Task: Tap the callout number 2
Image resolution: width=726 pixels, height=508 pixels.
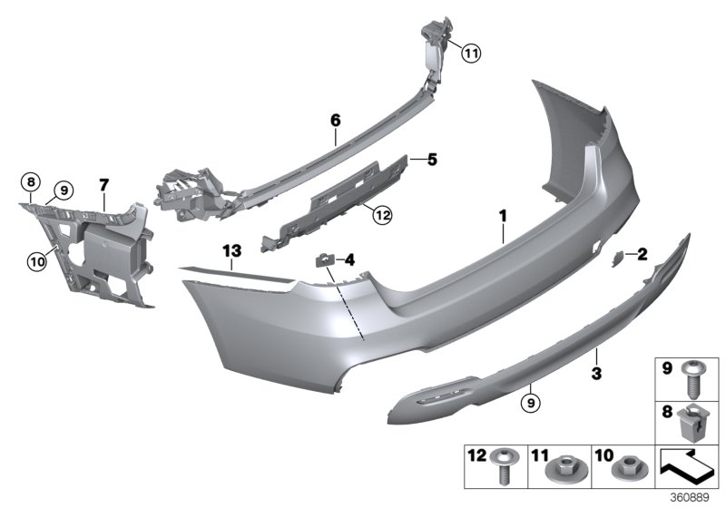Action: click(642, 255)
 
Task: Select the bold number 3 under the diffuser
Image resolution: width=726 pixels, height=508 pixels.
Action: click(597, 373)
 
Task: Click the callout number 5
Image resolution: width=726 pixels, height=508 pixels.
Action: click(432, 160)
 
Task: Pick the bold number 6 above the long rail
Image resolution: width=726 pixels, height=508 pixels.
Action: click(335, 120)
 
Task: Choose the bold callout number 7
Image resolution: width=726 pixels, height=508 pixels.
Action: click(104, 186)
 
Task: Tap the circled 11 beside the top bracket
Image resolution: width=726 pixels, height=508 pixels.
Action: click(469, 54)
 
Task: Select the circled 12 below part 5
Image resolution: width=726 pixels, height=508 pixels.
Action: click(381, 215)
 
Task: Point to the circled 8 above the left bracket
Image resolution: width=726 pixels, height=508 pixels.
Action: click(30, 181)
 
